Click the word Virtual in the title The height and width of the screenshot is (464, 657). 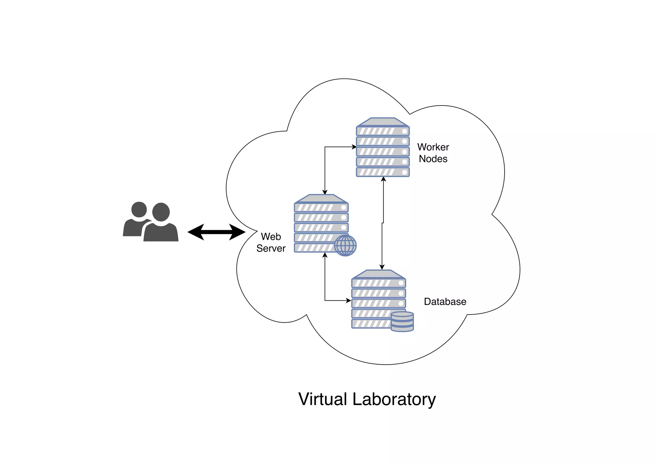click(x=323, y=399)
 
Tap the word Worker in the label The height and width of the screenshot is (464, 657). click(x=433, y=147)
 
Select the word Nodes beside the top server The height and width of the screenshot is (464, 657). click(x=433, y=159)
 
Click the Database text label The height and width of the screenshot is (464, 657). click(x=445, y=302)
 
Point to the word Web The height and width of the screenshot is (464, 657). click(x=271, y=237)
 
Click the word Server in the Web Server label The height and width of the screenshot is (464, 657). click(x=271, y=249)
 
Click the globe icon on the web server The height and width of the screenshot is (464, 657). click(x=345, y=246)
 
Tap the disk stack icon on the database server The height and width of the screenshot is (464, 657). click(x=402, y=322)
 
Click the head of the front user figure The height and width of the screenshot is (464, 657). click(x=161, y=212)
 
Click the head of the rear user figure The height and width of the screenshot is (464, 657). click(x=139, y=209)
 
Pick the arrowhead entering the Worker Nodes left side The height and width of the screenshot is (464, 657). click(x=354, y=147)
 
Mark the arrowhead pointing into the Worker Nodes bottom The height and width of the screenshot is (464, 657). click(x=383, y=179)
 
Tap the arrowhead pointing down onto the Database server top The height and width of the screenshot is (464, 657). click(x=382, y=267)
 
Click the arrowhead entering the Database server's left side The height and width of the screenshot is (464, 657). click(x=348, y=301)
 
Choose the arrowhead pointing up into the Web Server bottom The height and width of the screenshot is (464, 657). click(x=325, y=255)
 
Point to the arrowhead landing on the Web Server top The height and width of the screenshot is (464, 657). click(x=325, y=192)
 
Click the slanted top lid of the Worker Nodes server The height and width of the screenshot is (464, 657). click(x=383, y=122)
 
